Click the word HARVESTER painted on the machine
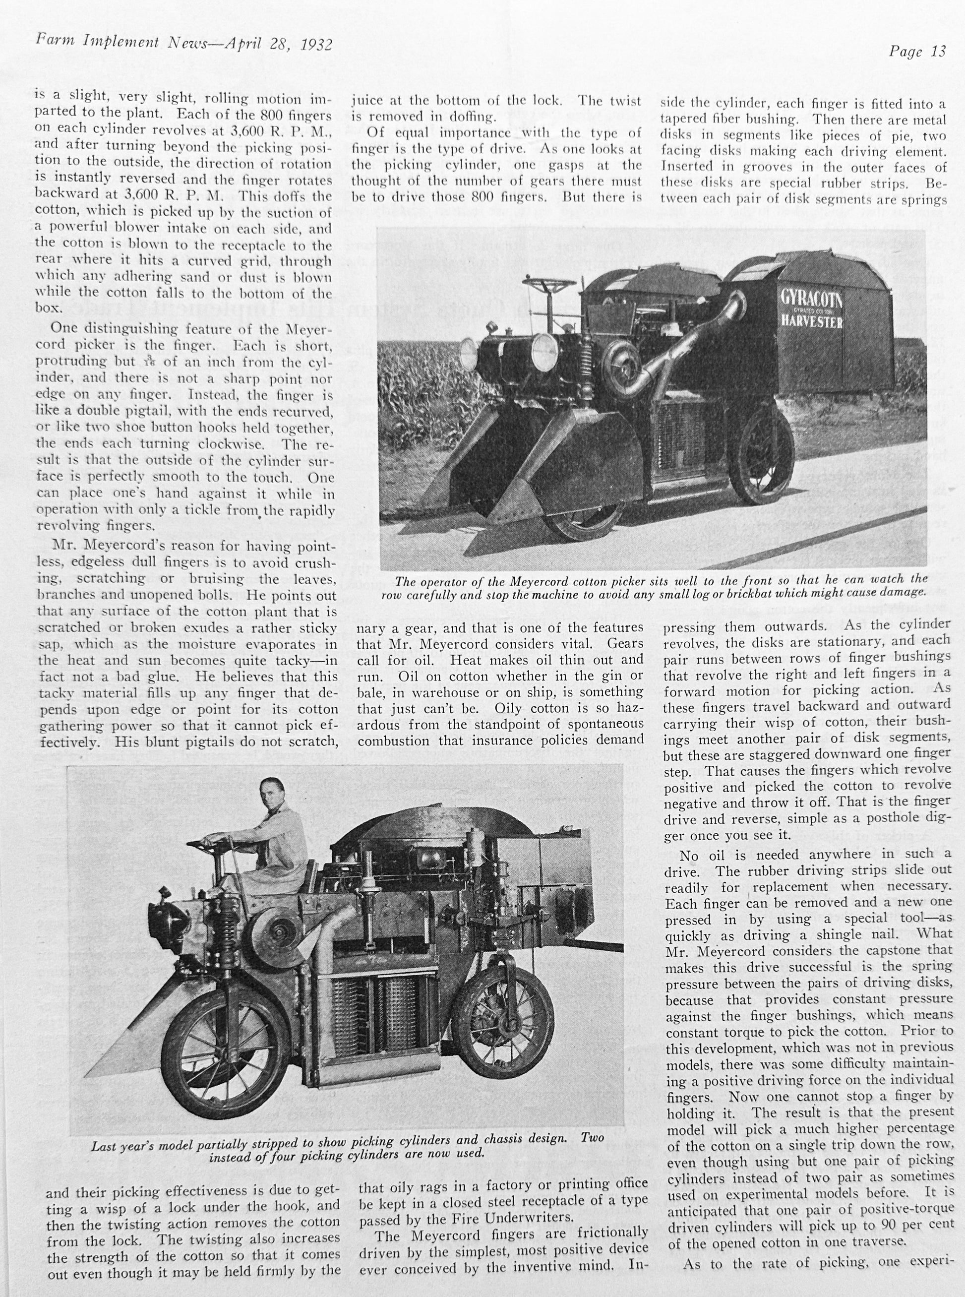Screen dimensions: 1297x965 pyautogui.click(x=812, y=321)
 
